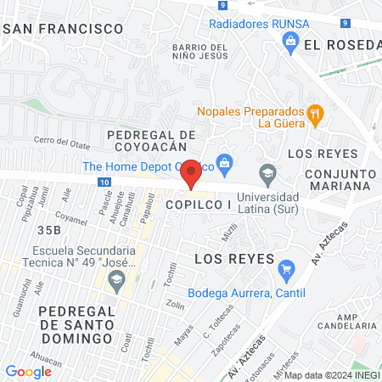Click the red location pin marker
point(192,173)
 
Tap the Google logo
point(28,371)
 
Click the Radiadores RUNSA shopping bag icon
point(291,39)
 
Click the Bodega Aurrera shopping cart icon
point(286,272)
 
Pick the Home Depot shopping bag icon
point(224,161)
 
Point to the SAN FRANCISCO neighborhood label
point(64,28)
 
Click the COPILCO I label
point(199,205)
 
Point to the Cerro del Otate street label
point(60,140)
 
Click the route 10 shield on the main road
point(103,182)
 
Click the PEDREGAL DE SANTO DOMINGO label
point(76,324)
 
